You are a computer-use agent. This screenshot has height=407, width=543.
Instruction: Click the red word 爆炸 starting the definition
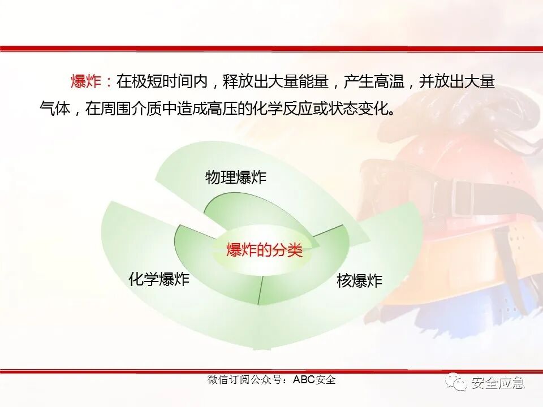coord(86,82)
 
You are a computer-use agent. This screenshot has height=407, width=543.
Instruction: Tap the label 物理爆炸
coord(235,178)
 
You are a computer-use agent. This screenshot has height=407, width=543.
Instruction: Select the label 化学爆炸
coord(159,279)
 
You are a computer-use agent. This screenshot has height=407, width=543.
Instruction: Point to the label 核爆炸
coord(359,281)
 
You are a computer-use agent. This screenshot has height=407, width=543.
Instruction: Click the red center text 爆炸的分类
coord(265,250)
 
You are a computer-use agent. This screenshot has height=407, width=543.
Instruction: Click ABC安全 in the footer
coord(314,379)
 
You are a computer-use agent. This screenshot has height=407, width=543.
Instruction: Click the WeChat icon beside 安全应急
coord(455,383)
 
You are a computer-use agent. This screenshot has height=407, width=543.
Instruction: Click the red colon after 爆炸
coord(109,83)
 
